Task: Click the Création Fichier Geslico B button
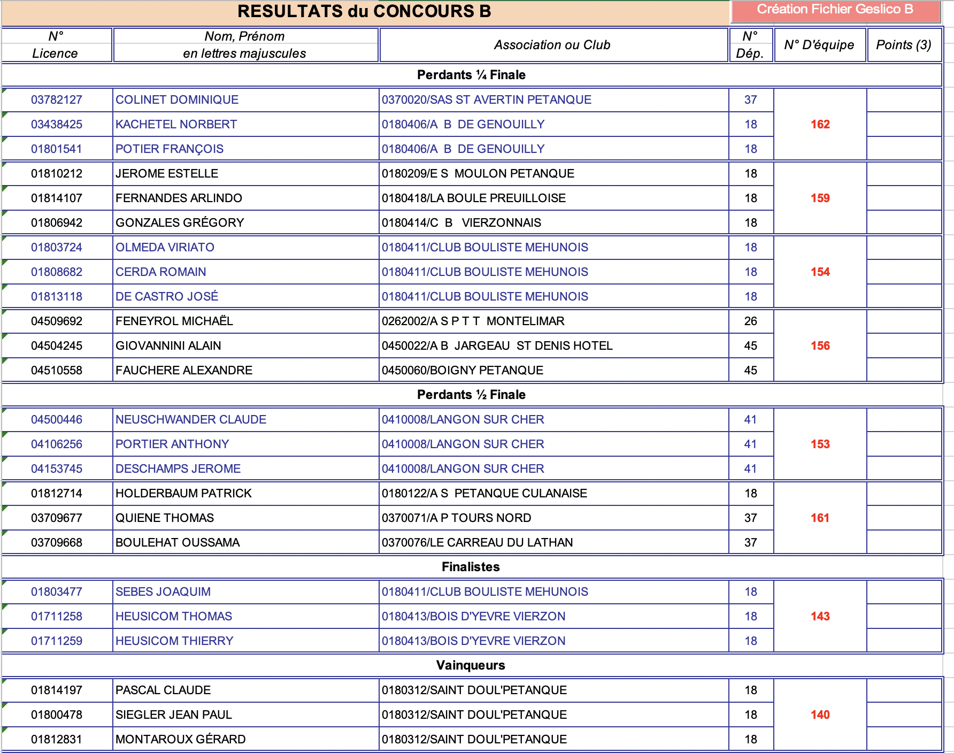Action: pos(835,10)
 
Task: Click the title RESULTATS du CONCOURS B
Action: pos(364,11)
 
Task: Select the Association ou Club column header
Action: pos(552,45)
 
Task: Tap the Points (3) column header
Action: pos(903,45)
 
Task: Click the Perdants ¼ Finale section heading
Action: pos(471,75)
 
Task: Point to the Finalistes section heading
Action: pos(471,567)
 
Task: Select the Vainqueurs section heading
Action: pos(471,665)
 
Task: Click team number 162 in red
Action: pos(820,125)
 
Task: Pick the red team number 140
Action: pos(820,715)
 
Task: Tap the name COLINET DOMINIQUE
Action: pos(177,100)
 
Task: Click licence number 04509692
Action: pos(57,321)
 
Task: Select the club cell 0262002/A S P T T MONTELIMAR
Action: pos(473,321)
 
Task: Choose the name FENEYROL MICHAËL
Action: pos(174,321)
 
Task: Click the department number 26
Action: pos(750,321)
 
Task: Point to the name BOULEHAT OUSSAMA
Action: pos(178,543)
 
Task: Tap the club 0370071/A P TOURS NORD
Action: pos(456,518)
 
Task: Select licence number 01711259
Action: pos(57,641)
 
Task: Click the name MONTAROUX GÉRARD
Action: pos(181,740)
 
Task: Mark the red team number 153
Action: pos(820,444)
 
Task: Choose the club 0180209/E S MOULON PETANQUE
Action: pos(478,174)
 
